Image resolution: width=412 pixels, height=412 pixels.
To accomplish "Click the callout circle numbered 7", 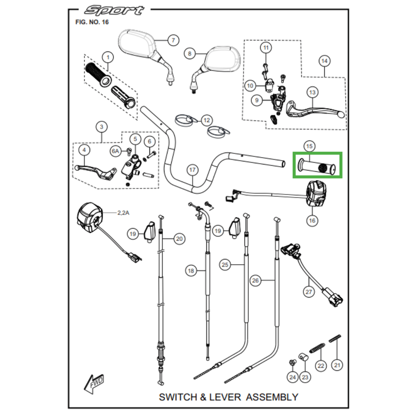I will click(173, 40).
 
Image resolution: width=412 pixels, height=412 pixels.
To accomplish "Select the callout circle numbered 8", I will click(190, 53).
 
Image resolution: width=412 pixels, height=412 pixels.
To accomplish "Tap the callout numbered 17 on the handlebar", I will click(192, 169).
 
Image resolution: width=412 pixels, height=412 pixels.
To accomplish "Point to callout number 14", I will click(324, 61).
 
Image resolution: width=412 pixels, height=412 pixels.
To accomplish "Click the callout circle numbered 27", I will click(308, 291).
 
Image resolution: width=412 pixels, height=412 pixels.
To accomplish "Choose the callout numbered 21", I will click(337, 365).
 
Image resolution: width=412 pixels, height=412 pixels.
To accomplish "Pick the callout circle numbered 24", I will click(293, 377).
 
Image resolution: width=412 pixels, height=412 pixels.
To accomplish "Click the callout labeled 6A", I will click(116, 151).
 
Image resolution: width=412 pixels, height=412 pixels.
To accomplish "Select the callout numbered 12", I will click(207, 120).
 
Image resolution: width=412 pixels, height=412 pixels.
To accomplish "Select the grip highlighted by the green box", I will click(318, 167).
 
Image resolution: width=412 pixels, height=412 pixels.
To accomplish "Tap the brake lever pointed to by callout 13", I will click(315, 109).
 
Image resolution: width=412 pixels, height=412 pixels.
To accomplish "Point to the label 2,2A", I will click(123, 212).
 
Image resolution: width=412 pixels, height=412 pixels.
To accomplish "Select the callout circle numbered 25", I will click(225, 265).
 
